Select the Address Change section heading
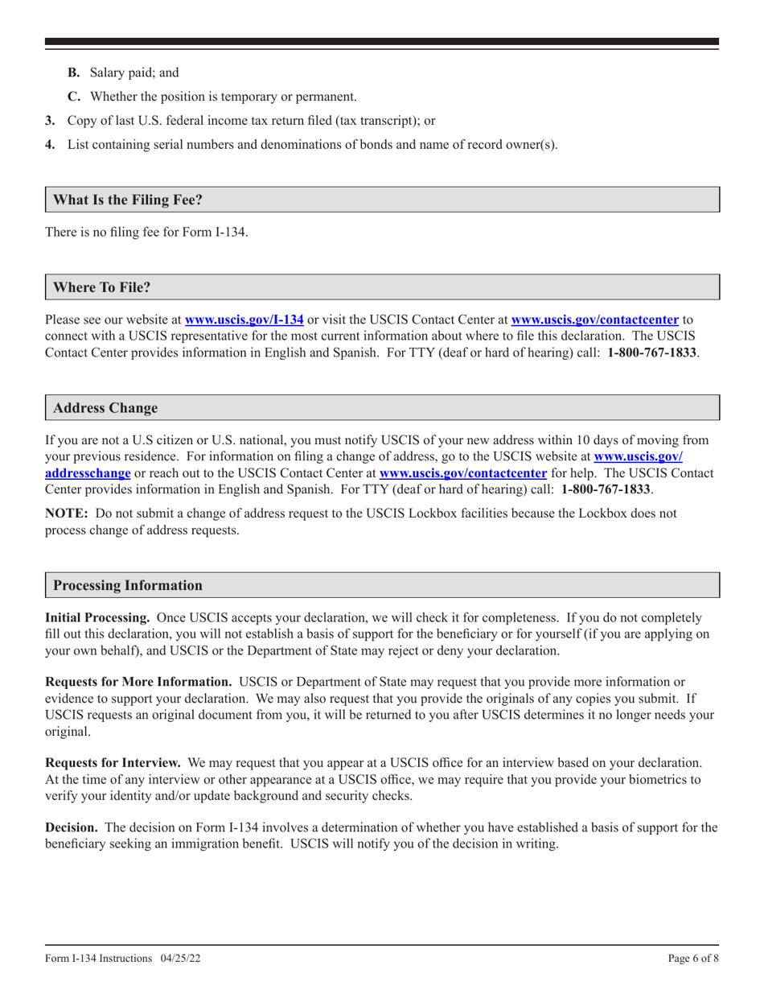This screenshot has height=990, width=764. pyautogui.click(x=105, y=408)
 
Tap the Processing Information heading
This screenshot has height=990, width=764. pyautogui.click(x=127, y=585)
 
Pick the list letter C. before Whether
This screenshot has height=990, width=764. pyautogui.click(x=73, y=97)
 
